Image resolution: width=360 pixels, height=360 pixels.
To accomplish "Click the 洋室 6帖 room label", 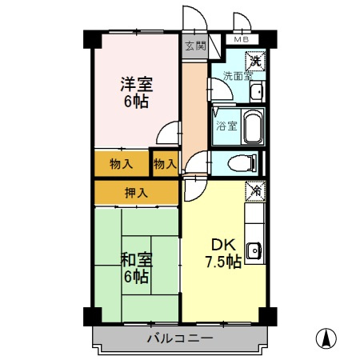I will pyautogui.click(x=137, y=92).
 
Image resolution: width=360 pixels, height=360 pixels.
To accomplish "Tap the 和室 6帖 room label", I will pyautogui.click(x=137, y=267).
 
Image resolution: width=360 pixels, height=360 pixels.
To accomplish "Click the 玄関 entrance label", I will pyautogui.click(x=195, y=46).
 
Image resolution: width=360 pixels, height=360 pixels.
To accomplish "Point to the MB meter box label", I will pyautogui.click(x=242, y=39).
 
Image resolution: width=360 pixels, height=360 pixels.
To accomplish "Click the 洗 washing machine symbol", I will pyautogui.click(x=254, y=60).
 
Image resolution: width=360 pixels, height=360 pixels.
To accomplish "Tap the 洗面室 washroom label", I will pyautogui.click(x=236, y=77).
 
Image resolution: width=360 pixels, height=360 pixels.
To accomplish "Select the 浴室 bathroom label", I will pyautogui.click(x=227, y=126).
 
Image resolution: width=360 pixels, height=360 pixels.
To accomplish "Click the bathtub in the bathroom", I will pyautogui.click(x=253, y=126).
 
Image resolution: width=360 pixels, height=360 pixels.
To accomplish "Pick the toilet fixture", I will pyautogui.click(x=241, y=163).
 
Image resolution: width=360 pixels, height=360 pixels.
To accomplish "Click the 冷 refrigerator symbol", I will pyautogui.click(x=255, y=191).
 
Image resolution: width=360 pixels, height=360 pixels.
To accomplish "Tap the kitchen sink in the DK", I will pyautogui.click(x=255, y=250).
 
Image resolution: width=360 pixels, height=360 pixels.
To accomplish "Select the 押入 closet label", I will pyautogui.click(x=136, y=192).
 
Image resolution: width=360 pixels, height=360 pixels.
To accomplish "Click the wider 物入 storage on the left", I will pyautogui.click(x=122, y=163).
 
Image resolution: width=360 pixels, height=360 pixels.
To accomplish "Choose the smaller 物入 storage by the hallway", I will pyautogui.click(x=165, y=163).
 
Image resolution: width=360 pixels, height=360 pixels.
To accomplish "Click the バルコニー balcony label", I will pyautogui.click(x=180, y=338).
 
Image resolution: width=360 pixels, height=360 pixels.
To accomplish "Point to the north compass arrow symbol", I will pyautogui.click(x=326, y=338).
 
